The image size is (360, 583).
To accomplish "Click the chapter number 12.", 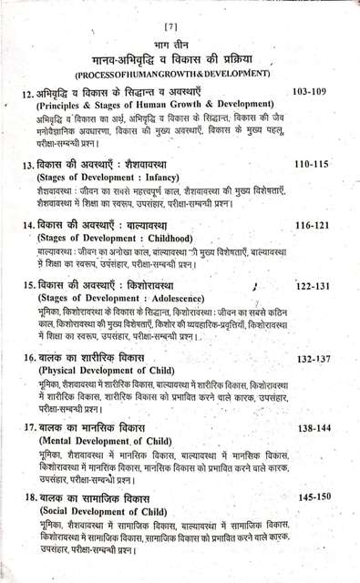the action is [x=27, y=95].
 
